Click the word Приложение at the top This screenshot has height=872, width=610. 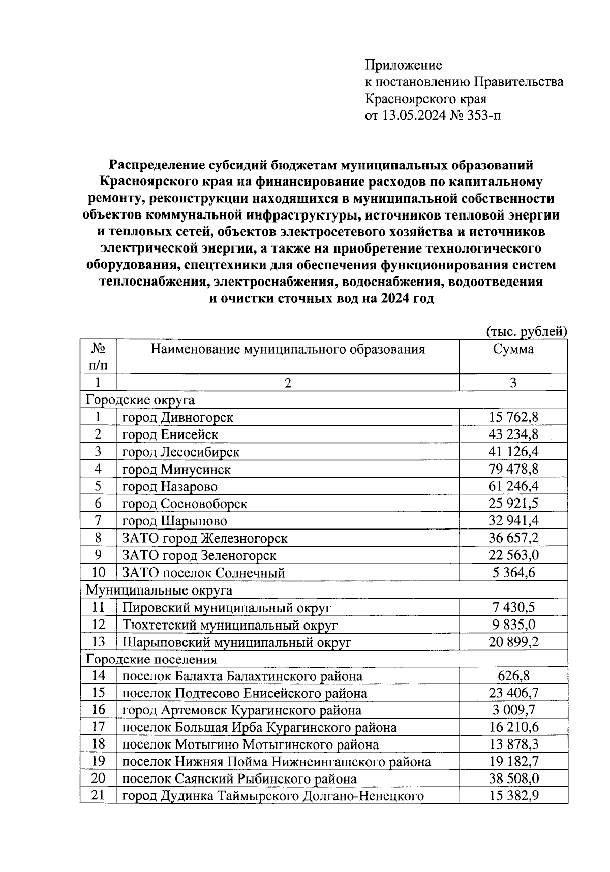[x=403, y=65]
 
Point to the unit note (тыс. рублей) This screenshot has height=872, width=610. [x=526, y=332]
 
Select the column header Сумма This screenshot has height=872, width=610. [x=513, y=349]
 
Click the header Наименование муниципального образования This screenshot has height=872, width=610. [x=287, y=349]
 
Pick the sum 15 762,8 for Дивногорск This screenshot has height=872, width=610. [x=513, y=418]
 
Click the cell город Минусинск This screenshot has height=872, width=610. [x=176, y=470]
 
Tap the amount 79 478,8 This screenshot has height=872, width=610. [x=513, y=470]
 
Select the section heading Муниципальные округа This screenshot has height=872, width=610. [x=159, y=590]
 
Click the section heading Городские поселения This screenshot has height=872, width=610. [x=151, y=660]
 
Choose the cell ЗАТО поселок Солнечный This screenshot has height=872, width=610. [x=203, y=573]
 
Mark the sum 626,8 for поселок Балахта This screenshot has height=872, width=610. [x=513, y=677]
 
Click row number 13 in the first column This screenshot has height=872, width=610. [x=98, y=642]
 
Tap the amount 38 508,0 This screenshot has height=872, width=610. [x=513, y=779]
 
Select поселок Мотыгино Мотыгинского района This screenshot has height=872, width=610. [x=250, y=745]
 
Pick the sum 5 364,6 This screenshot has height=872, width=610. [x=513, y=573]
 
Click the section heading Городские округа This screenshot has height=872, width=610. [x=140, y=400]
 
